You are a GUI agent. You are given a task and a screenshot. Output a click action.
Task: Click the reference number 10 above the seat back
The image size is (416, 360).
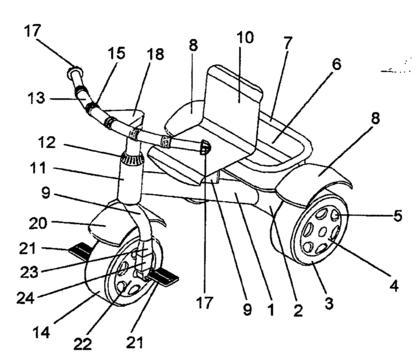click(x=245, y=37)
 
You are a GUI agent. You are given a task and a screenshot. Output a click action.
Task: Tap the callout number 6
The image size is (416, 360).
click(x=337, y=64)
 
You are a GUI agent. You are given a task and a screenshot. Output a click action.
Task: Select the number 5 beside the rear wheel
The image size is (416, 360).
click(x=398, y=215)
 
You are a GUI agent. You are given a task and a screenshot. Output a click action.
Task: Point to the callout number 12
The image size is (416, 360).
click(x=46, y=143)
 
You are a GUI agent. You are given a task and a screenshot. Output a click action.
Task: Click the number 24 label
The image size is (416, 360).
click(x=26, y=298)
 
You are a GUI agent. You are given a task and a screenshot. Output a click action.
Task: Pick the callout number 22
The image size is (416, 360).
click(x=82, y=344)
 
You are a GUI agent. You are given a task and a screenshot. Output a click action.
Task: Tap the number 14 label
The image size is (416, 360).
click(x=41, y=332)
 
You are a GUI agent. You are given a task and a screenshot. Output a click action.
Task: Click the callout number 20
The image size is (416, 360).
click(x=38, y=223)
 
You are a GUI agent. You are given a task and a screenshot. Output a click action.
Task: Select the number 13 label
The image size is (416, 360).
click(x=36, y=98)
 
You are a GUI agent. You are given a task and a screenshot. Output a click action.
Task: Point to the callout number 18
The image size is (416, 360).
click(x=155, y=54)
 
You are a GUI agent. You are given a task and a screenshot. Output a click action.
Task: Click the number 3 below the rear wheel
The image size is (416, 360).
click(x=329, y=303)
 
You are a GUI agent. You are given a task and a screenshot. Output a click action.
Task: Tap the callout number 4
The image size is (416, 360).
click(x=394, y=286)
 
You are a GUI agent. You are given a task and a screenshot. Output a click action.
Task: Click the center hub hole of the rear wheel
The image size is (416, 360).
click(x=322, y=232)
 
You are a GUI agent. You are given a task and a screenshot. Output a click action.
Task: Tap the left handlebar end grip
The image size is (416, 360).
click(x=75, y=72)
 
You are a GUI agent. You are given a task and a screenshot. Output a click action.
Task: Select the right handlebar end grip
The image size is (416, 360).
click(x=205, y=147)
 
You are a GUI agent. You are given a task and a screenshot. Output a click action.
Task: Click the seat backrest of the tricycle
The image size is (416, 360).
click(x=233, y=100)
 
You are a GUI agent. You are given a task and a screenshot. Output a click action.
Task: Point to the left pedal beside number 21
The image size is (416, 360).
click(x=79, y=251)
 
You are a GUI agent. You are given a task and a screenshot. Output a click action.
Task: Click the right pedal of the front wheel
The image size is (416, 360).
click(x=163, y=277)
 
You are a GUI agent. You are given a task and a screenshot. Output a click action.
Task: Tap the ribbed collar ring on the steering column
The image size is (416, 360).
click(x=133, y=158)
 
